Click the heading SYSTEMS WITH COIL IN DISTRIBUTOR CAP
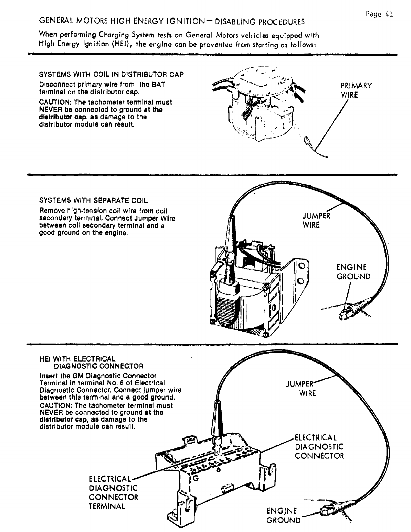tap(111, 74)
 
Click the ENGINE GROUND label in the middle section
tap(353, 272)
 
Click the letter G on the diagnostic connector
tap(195, 477)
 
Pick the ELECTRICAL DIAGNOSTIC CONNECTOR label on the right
tap(319, 447)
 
